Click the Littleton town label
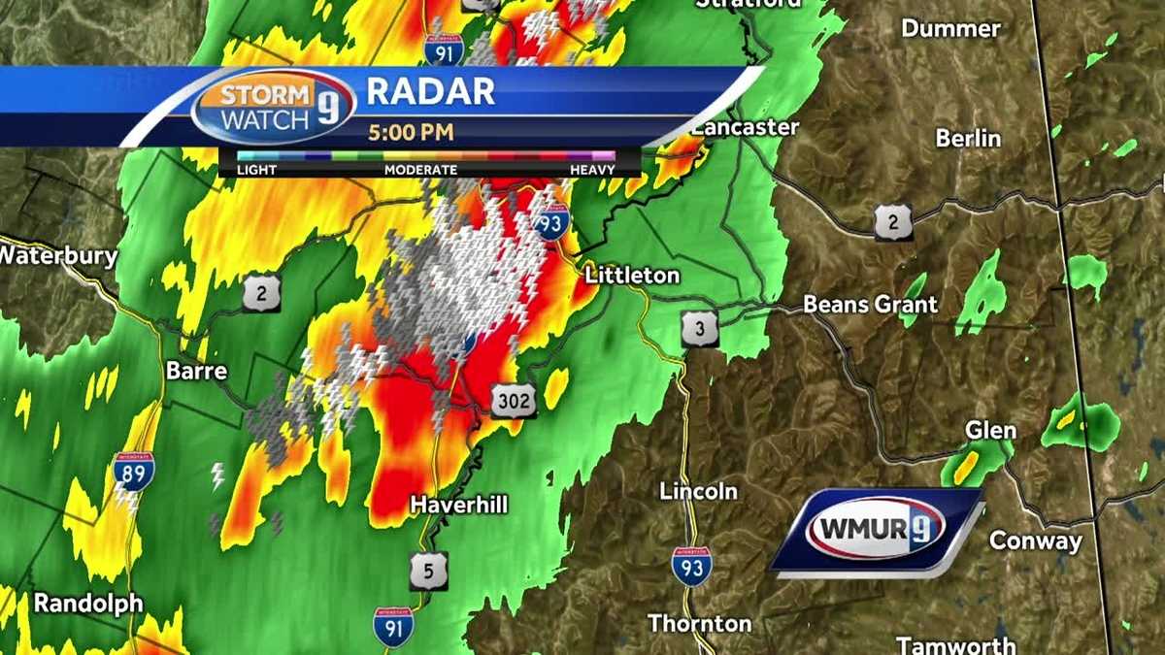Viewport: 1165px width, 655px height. tap(632, 276)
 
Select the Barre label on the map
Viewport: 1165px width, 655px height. tap(196, 371)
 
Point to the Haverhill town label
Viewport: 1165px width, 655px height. tap(459, 505)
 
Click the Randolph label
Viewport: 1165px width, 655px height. tap(88, 603)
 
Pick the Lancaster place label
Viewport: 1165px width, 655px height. tap(745, 127)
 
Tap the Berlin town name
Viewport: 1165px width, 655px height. tap(968, 139)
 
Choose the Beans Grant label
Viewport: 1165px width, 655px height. tap(870, 305)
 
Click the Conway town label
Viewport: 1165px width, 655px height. tap(1035, 541)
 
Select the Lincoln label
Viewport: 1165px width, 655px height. tap(698, 491)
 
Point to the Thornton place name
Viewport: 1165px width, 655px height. tap(699, 622)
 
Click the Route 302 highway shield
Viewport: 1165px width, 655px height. tap(513, 399)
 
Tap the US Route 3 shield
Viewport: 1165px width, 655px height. tap(699, 329)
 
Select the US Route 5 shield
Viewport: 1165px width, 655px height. tap(428, 570)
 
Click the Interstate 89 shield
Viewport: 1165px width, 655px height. tap(133, 472)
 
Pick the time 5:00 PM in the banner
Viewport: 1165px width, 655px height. tap(410, 131)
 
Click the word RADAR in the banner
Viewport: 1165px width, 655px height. tap(430, 91)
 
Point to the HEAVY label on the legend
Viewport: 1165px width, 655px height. tap(592, 170)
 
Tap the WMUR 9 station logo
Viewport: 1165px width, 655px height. tap(876, 530)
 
